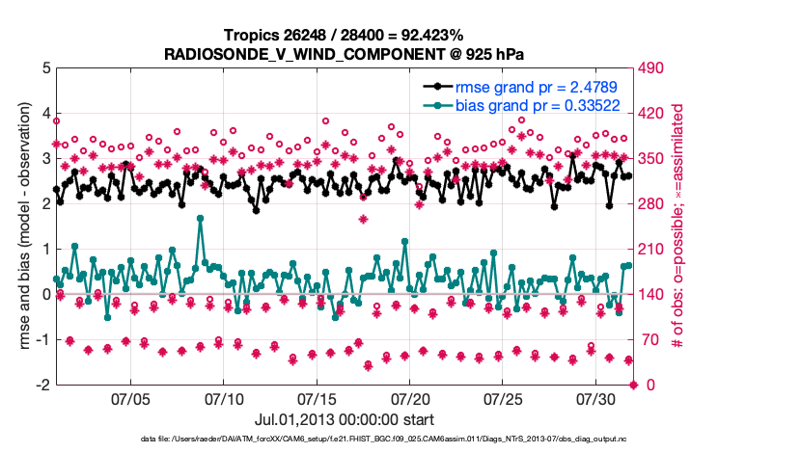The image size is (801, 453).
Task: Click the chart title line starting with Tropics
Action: (345, 36)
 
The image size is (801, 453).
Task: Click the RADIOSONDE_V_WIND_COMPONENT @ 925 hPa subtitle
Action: (345, 53)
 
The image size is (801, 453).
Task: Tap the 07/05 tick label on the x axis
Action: (130, 398)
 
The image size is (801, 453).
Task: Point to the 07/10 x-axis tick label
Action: (224, 398)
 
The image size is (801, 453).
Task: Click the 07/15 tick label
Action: (317, 398)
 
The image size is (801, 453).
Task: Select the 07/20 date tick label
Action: (410, 398)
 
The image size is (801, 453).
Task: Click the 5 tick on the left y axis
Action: (46, 68)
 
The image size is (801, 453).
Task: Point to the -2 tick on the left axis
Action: (43, 385)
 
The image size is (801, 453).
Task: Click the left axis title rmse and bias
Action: (23, 226)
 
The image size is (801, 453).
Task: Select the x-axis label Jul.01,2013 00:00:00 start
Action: (344, 420)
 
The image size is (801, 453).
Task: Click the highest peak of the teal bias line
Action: (201, 219)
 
